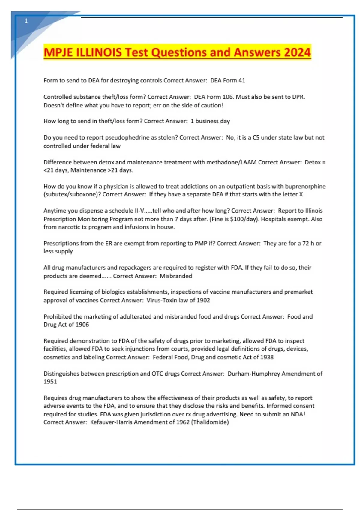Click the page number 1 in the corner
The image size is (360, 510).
26,21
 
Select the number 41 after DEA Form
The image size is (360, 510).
242,80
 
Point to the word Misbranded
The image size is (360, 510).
176,276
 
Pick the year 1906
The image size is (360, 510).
82,325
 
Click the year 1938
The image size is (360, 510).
267,357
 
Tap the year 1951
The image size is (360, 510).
50,382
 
